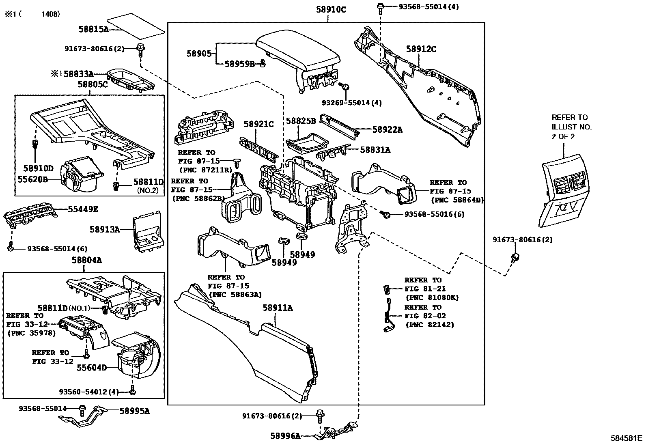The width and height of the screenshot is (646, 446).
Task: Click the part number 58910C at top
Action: pyautogui.click(x=331, y=9)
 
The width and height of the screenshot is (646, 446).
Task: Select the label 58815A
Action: pyautogui.click(x=93, y=29)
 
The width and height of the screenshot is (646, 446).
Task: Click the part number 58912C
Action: pyautogui.click(x=421, y=50)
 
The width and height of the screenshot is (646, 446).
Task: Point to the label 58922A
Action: pyautogui.click(x=388, y=129)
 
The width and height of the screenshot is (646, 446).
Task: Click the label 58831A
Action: pyautogui.click(x=375, y=150)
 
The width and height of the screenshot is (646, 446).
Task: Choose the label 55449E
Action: pyautogui.click(x=83, y=209)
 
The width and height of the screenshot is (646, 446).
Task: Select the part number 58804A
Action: pyautogui.click(x=87, y=260)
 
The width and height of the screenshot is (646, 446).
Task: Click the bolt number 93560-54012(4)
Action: pyautogui.click(x=88, y=392)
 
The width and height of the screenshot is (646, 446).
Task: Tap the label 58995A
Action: pyautogui.click(x=134, y=411)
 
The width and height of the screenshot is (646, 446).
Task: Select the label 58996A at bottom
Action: pyautogui.click(x=286, y=436)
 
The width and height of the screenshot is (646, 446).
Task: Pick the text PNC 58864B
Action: pyautogui.click(x=457, y=200)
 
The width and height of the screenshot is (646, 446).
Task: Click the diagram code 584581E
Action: pyautogui.click(x=627, y=438)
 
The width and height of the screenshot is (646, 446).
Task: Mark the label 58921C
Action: pyautogui.click(x=258, y=124)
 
